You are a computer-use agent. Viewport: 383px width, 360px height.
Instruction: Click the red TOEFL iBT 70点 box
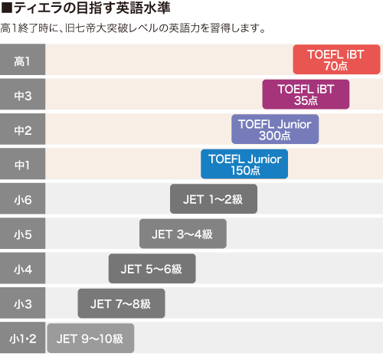336,60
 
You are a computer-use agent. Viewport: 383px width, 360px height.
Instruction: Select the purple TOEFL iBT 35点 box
306,94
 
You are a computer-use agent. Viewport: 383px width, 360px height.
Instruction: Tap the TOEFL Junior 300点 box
275,129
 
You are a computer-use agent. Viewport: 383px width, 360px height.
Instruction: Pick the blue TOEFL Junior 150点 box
244,164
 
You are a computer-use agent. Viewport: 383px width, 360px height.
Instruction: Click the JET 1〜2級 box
214,199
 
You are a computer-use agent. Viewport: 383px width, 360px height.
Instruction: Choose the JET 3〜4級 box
183,234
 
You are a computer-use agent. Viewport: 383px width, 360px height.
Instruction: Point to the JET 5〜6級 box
152,269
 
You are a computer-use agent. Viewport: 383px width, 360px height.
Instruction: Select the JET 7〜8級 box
121,303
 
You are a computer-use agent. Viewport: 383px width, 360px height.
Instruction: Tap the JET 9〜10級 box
90,339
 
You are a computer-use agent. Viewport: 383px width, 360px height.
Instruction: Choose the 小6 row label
22,199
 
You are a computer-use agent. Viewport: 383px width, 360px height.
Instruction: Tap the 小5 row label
22,234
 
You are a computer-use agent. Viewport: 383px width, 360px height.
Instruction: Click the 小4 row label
22,269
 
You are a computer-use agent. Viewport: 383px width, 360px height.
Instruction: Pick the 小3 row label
22,303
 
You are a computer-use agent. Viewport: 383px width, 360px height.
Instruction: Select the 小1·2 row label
22,339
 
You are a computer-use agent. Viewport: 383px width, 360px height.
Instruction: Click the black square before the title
7,8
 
